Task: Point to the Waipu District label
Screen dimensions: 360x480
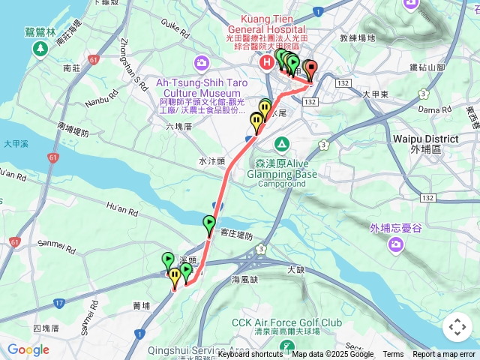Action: [425, 139]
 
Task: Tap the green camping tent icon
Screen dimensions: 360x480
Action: [281, 143]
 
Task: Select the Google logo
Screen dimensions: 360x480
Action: [28, 349]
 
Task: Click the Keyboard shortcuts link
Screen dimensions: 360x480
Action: [250, 355]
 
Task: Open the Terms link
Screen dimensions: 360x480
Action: [393, 355]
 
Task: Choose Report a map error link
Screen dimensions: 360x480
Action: [444, 355]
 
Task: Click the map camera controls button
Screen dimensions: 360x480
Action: [457, 327]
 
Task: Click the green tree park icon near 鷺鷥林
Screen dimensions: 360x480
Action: [39, 49]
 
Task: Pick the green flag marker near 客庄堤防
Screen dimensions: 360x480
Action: [209, 223]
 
